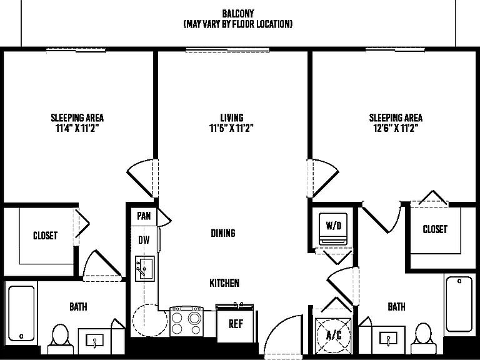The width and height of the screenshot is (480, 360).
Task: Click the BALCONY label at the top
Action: [238, 14]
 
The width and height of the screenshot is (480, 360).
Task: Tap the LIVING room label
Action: [232, 117]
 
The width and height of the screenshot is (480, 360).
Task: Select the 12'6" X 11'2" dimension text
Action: [396, 128]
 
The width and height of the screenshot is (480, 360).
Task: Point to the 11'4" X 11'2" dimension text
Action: [77, 128]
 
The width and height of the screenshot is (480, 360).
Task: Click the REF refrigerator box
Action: [235, 324]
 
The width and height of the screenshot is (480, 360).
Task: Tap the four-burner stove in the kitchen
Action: [186, 321]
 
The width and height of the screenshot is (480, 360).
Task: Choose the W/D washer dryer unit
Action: [333, 229]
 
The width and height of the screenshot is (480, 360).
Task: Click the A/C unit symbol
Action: [333, 336]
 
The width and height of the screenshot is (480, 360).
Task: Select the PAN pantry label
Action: [144, 216]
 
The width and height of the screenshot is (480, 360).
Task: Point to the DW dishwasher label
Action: [144, 240]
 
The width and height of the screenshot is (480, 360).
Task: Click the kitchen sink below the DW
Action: [145, 269]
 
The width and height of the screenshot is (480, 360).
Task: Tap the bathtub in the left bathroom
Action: [21, 314]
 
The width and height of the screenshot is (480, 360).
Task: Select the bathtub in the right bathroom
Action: [459, 304]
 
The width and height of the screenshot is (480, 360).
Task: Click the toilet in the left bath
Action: [60, 339]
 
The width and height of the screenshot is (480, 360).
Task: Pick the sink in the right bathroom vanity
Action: [388, 339]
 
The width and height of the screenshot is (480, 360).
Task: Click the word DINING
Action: [223, 233]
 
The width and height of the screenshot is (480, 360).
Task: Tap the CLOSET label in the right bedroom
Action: [435, 229]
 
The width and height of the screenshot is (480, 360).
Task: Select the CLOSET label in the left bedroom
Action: [45, 236]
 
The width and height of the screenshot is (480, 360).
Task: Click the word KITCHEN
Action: [224, 283]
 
